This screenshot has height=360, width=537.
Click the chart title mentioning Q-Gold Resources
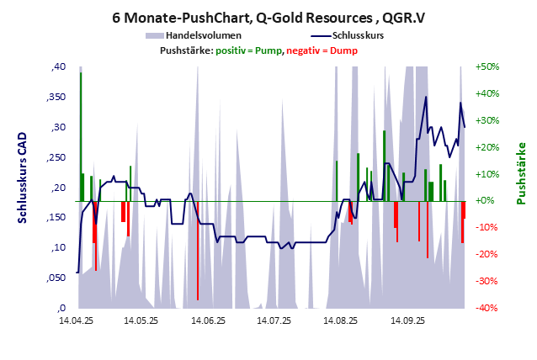coord(268,16)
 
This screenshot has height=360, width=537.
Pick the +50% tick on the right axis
coord(488,67)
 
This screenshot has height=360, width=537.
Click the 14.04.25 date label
coord(77,320)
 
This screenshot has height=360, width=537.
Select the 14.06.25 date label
coord(208,320)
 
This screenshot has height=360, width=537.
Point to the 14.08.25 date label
coord(340,320)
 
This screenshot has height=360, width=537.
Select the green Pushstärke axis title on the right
coord(521,172)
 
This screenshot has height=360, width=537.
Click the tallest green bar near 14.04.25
coord(81,135)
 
